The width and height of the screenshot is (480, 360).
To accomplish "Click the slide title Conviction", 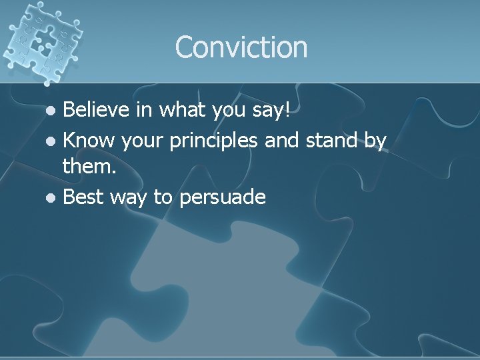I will pyautogui.click(x=241, y=47).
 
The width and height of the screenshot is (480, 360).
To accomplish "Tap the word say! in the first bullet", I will pyautogui.click(x=272, y=111).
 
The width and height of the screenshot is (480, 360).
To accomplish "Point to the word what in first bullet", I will pyautogui.click(x=181, y=109).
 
